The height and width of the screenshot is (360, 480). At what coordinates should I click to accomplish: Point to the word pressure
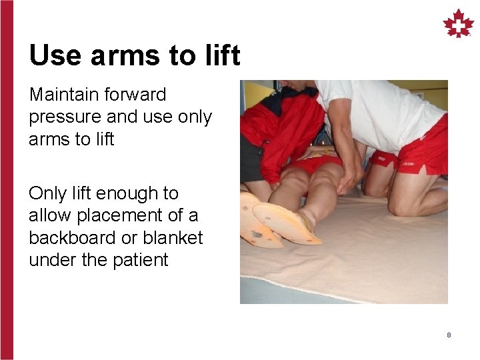(65, 118)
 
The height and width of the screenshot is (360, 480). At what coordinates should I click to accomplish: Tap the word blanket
(175, 237)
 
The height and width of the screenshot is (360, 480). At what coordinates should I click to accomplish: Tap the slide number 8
(449, 335)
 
